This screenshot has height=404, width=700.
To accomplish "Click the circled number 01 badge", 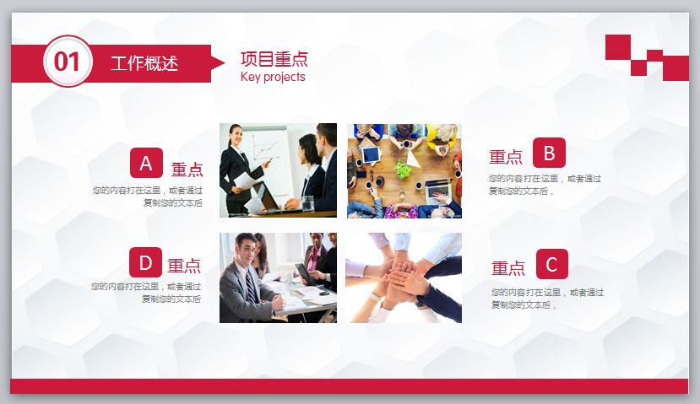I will pos(68,62).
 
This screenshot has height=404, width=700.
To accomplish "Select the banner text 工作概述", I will pos(144,63).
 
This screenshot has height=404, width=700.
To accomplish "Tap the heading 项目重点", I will pos(274,59).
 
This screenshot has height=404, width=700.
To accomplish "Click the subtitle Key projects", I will pos(273,77).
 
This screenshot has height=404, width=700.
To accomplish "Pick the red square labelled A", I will pos(146,163).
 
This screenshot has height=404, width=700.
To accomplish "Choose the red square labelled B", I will pos(549,153).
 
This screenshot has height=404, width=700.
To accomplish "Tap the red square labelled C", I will pos(551,264).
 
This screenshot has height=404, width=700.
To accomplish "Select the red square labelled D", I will pos(145,263).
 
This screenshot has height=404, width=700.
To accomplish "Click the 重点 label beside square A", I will pos(187,170).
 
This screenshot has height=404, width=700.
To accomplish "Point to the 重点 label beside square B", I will pos(506,157).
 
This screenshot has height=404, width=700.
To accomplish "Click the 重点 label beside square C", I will pos(508,269).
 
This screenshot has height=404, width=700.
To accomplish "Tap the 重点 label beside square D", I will pos(184,267).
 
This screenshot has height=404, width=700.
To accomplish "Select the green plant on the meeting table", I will pos(404,169).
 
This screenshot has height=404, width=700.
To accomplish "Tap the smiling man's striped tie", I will pos(251,288).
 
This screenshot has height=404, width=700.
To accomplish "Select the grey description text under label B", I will pos(545,185).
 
